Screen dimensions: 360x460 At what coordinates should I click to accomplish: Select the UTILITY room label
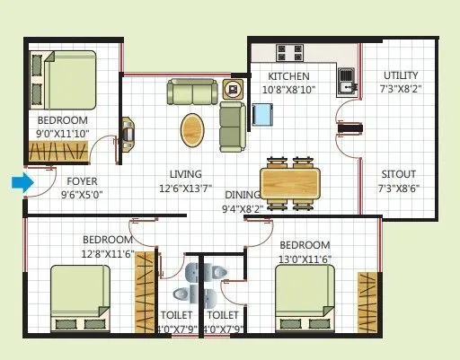(400, 75)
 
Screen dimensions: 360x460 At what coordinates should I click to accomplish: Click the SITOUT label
(400, 175)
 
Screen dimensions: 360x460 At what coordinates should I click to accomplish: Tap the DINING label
(243, 195)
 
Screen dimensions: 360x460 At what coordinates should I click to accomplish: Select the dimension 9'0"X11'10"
(63, 135)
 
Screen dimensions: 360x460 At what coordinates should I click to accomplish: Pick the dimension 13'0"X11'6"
(305, 259)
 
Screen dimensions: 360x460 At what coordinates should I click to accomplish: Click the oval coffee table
(193, 129)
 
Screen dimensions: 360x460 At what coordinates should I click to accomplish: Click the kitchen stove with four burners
(288, 53)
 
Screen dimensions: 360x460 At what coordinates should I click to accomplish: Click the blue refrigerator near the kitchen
(263, 115)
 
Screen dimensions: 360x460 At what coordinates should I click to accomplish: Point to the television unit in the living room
(128, 132)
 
